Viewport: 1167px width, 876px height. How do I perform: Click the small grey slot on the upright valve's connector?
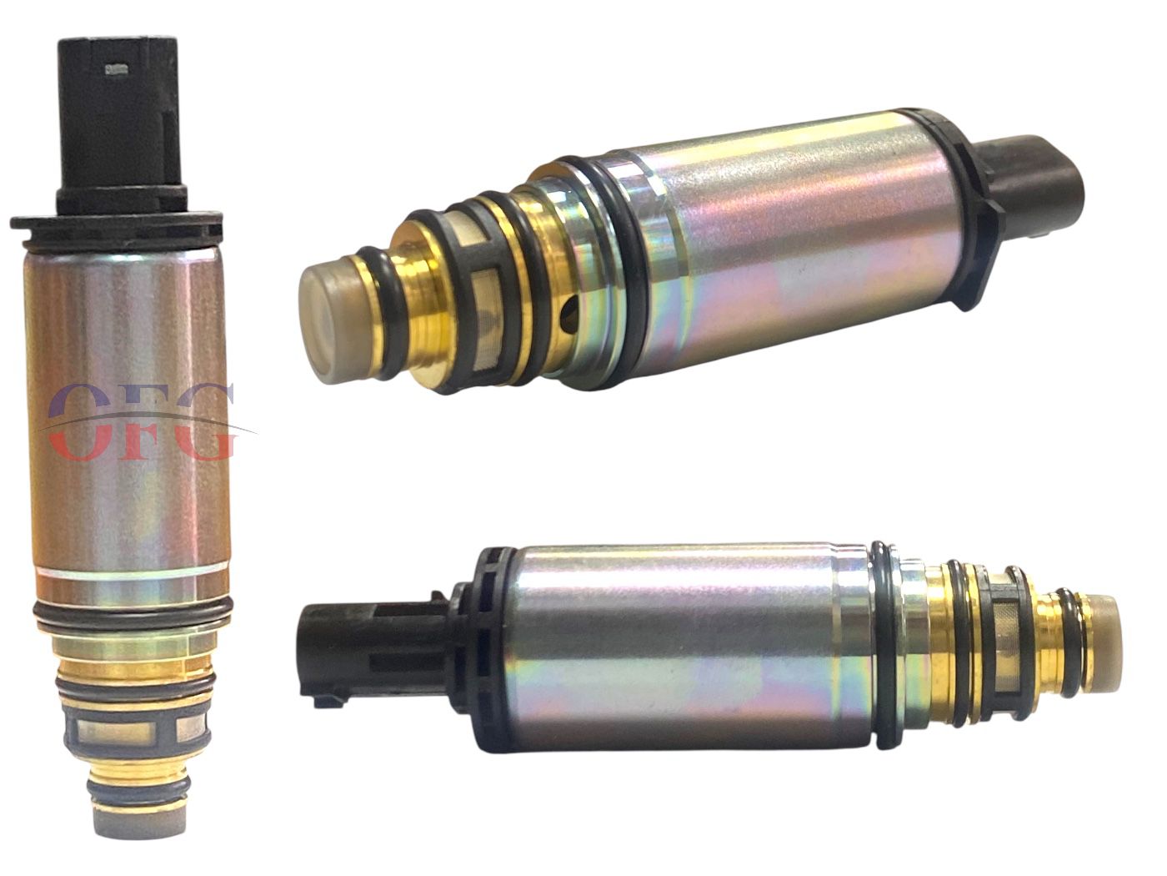pos(115,69)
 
